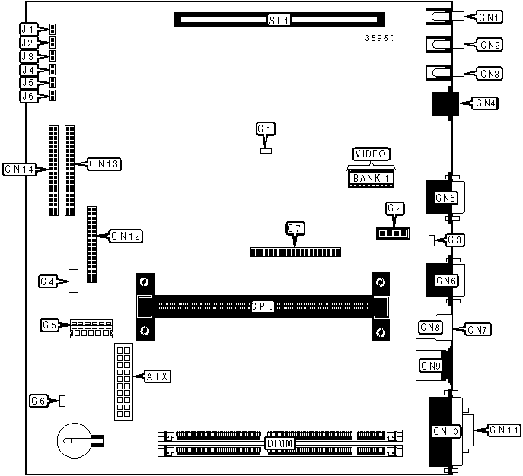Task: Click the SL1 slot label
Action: [x=279, y=20]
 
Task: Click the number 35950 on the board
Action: [x=380, y=36]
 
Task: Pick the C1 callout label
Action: [x=265, y=129]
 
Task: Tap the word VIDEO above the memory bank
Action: [x=372, y=154]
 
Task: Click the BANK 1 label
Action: [x=372, y=179]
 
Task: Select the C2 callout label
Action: [x=394, y=208]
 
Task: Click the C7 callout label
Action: [x=295, y=227]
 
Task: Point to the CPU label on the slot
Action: [x=263, y=306]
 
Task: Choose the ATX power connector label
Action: [x=158, y=376]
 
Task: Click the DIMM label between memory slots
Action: [x=279, y=443]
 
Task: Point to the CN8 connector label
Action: [x=430, y=328]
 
